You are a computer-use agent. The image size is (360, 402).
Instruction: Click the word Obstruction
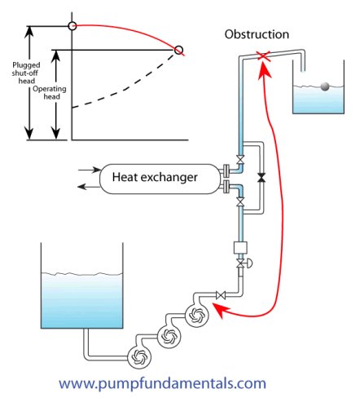pos(257,34)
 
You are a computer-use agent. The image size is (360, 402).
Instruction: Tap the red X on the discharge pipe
pos(264,56)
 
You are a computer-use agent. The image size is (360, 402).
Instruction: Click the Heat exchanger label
pos(155,177)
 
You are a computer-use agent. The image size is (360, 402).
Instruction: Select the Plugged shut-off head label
pos(26,73)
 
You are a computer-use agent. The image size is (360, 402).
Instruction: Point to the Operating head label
pos(50,93)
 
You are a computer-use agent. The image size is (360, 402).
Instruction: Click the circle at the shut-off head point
pos(72,26)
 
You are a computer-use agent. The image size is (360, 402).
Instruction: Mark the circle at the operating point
pos(178,50)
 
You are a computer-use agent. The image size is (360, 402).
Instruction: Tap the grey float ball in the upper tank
pos(325,86)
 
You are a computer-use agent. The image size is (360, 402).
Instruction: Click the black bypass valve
pos(261,178)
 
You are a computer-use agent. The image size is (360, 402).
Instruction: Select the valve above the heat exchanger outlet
pos(240,160)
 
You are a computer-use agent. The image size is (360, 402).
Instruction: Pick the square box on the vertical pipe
pos(240,248)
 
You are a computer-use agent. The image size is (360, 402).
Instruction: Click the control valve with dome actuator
pos(244,263)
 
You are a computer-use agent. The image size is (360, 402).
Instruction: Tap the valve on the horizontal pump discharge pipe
pos(221,295)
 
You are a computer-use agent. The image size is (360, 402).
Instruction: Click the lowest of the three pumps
pos(139,356)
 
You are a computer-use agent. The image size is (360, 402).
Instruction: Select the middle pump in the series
pos(169,337)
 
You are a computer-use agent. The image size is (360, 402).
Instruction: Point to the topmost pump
pos(197,315)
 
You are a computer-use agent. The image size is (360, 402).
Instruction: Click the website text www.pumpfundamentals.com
pos(162,383)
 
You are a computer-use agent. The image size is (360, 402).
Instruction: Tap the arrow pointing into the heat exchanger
pos(90,170)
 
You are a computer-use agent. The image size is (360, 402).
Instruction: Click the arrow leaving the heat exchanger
pos(89,187)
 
